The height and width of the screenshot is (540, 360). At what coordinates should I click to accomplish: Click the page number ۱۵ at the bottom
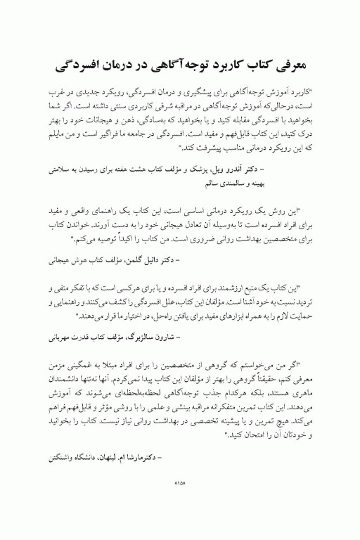coord(179,503)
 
